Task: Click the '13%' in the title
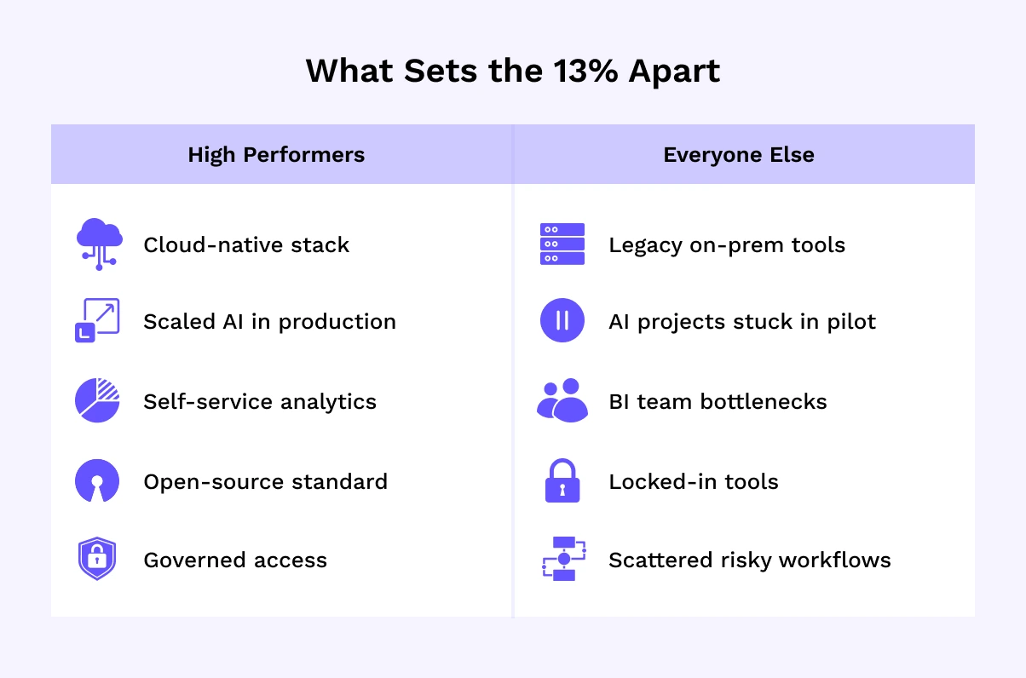click(585, 71)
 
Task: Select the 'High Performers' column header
click(276, 155)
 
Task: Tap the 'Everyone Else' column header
click(739, 155)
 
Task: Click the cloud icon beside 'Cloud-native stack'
click(100, 244)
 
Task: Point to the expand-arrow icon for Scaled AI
click(97, 320)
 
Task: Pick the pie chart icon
click(97, 400)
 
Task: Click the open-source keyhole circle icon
click(97, 480)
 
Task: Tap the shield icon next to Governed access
click(97, 559)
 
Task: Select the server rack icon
click(562, 244)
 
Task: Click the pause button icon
click(562, 320)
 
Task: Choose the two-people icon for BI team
click(562, 400)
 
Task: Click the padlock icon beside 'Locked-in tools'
click(562, 480)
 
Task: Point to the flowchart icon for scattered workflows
click(564, 559)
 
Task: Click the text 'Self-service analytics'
click(260, 401)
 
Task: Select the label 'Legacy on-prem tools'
click(726, 245)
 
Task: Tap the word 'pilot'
click(851, 322)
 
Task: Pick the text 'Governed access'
click(235, 560)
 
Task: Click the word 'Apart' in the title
click(674, 72)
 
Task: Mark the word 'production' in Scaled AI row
click(337, 322)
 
